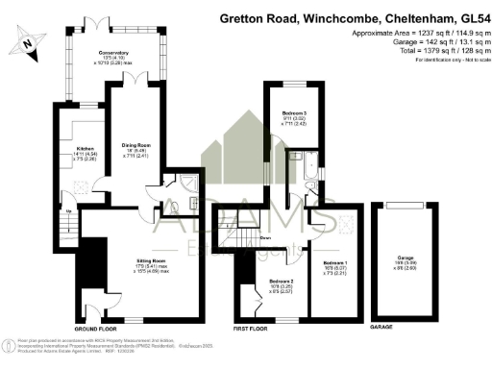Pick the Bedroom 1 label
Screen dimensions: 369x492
coord(335,262)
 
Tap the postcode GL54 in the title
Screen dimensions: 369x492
coord(470,17)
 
